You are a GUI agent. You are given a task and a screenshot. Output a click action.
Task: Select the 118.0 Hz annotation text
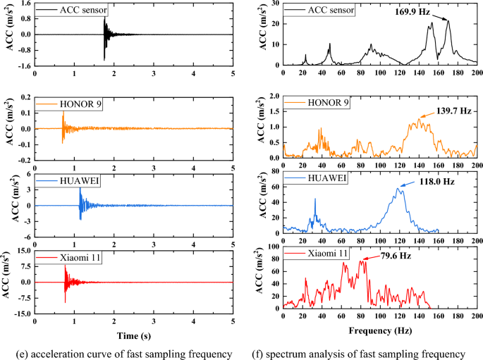coord(429,181)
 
